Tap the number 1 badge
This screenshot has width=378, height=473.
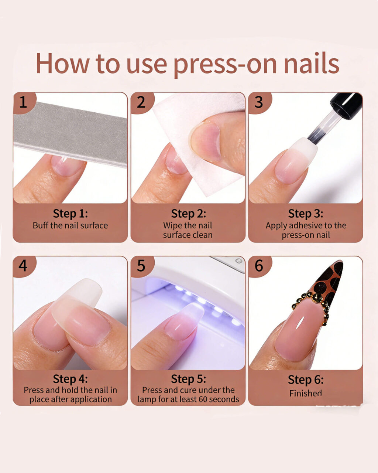point(24,102)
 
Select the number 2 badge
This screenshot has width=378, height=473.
point(142,102)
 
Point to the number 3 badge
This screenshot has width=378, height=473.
point(260,102)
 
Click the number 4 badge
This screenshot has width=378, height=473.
point(24,266)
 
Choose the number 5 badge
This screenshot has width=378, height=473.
point(142,266)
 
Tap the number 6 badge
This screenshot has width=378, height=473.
point(260,266)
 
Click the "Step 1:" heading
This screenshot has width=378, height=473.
point(70,214)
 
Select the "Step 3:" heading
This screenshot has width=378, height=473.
point(306,214)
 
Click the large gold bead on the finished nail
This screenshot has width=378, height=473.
point(317,298)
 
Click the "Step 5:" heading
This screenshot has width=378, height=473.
point(189,379)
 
